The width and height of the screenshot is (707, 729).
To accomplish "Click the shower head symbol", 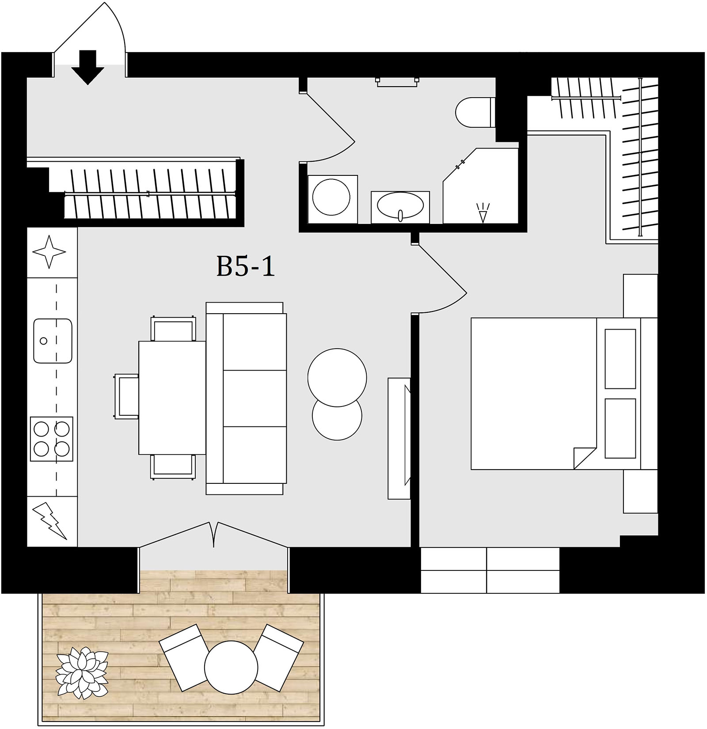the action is tap(483, 213).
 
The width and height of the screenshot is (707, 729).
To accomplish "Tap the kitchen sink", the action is tap(53, 341).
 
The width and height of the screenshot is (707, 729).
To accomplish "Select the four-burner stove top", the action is tap(51, 439).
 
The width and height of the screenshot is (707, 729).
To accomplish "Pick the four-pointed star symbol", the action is tap(49, 252).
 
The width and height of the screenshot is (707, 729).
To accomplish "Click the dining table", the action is tap(172, 398).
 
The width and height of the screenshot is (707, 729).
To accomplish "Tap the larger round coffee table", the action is tap(337, 377).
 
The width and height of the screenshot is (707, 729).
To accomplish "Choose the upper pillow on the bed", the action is tap(620, 358).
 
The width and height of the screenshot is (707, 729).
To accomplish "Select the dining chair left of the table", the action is tap(127, 396).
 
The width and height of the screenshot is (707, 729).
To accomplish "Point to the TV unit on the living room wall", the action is tap(399, 438).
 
